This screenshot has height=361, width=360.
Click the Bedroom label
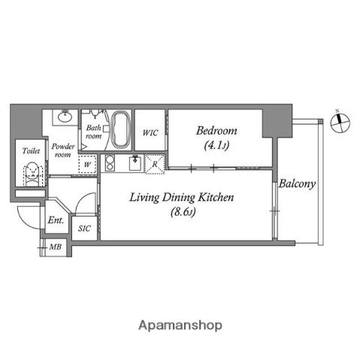[x=216, y=130]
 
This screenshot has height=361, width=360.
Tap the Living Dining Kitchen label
[x=183, y=199]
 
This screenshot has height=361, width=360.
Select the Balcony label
[x=298, y=183]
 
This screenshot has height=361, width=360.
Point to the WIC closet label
[x=151, y=133]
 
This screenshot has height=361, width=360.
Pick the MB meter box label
[x=55, y=247]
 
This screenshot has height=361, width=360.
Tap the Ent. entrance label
[x=56, y=221]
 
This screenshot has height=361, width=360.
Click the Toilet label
[x=31, y=151]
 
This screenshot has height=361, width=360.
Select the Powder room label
[x=62, y=150]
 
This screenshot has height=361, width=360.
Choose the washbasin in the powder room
[x=65, y=117]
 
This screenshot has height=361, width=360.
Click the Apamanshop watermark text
[x=180, y=326]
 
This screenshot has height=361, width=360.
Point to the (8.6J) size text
[x=182, y=213]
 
